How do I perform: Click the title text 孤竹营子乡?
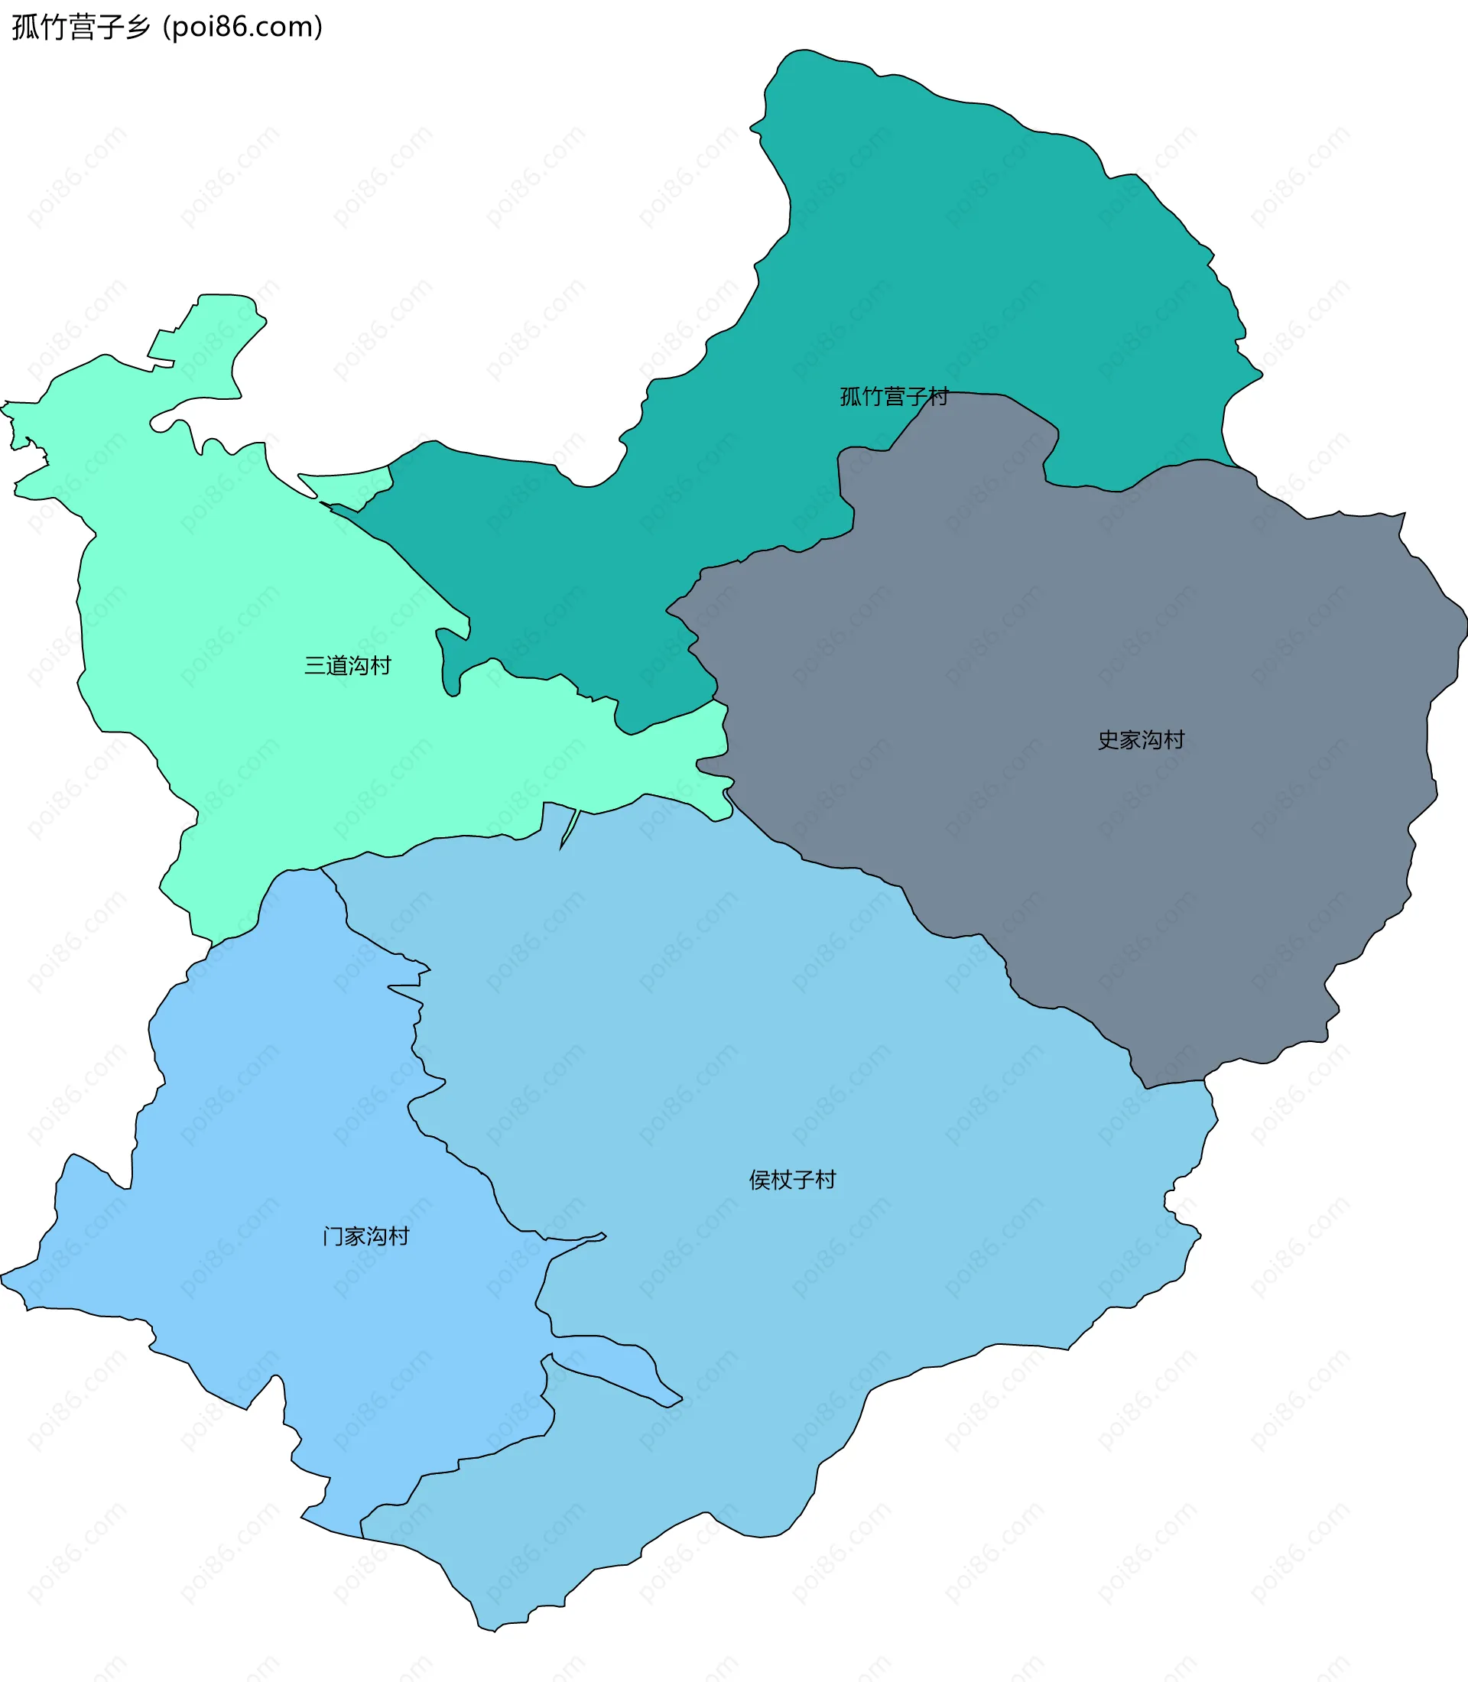pyautogui.click(x=81, y=27)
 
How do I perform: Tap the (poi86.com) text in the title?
pyautogui.click(x=242, y=27)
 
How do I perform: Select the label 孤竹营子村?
pyautogui.click(x=894, y=397)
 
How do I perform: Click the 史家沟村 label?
pyautogui.click(x=1141, y=740)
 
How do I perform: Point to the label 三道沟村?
pyautogui.click(x=347, y=665)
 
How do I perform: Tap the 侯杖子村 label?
pyautogui.click(x=792, y=1180)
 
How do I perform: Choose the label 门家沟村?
pyautogui.click(x=365, y=1236)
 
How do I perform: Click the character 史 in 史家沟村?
pyautogui.click(x=1109, y=740)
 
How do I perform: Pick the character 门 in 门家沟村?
pyautogui.click(x=333, y=1236)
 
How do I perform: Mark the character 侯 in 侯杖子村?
pyautogui.click(x=759, y=1180)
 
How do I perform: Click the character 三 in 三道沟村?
pyautogui.click(x=314, y=665)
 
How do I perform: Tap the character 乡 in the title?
pyautogui.click(x=139, y=27)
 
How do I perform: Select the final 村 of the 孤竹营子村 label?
pyautogui.click(x=938, y=397)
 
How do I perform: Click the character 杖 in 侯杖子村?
pyautogui.click(x=781, y=1180)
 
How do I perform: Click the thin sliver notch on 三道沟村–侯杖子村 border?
pyautogui.click(x=570, y=827)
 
